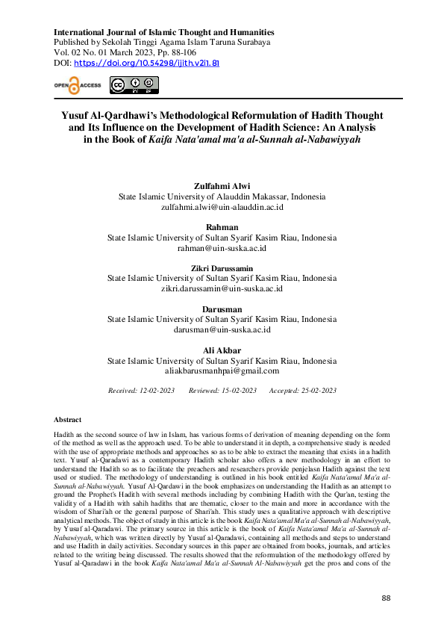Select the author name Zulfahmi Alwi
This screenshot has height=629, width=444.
[x=222, y=186]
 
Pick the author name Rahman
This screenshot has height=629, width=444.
[x=222, y=227]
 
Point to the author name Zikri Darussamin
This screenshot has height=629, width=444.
[x=222, y=267]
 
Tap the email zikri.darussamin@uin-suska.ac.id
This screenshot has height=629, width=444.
[x=222, y=288]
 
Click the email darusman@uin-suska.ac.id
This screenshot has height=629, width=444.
[x=222, y=329]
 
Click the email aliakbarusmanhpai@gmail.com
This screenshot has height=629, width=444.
[x=222, y=371]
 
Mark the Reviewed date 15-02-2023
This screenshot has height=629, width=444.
[x=222, y=391]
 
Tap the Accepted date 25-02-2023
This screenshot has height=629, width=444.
[x=302, y=391]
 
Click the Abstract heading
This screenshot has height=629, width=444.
[x=68, y=420]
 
